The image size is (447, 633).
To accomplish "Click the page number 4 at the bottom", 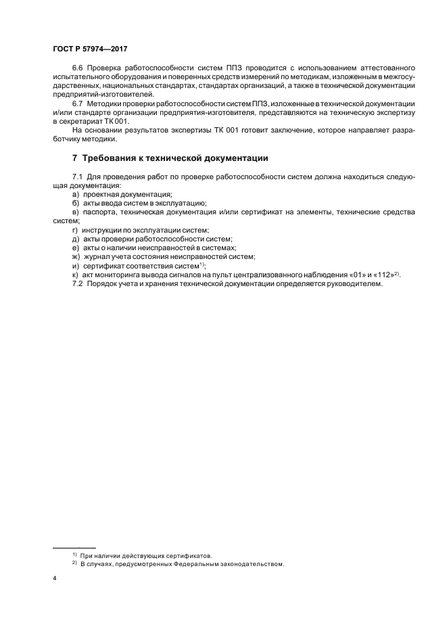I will tap(55, 579).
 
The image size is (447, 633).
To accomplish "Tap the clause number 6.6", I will tap(78, 68).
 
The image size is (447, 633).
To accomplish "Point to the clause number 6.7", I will tap(78, 103).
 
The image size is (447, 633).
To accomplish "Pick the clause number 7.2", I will tap(78, 283).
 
